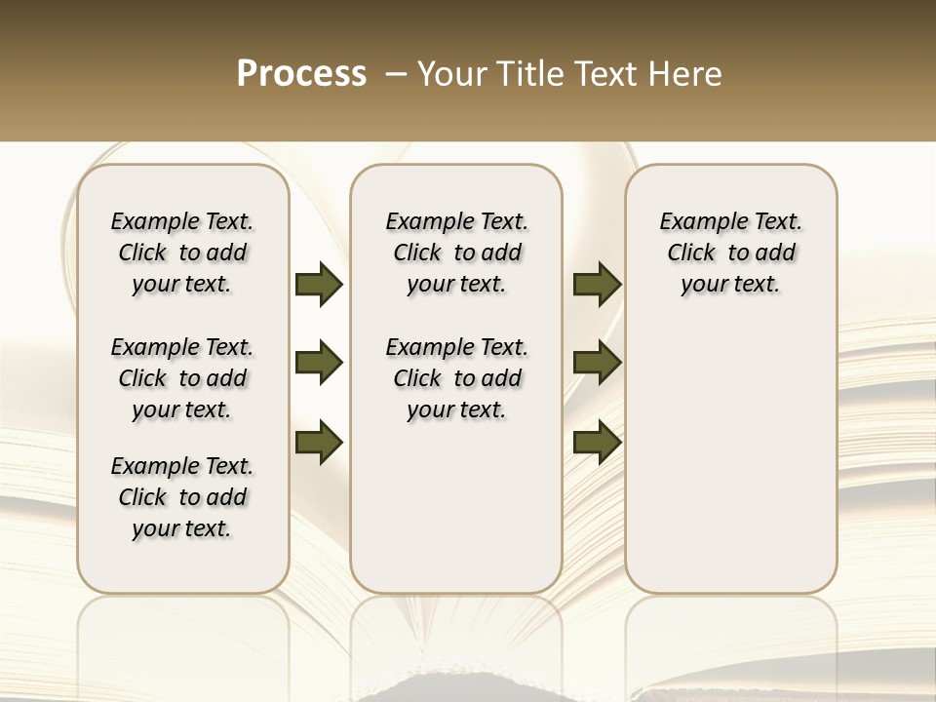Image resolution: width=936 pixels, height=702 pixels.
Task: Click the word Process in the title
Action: (x=301, y=74)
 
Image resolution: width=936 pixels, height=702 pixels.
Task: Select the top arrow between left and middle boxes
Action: (x=319, y=285)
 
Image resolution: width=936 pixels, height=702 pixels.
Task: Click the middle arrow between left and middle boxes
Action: (x=319, y=364)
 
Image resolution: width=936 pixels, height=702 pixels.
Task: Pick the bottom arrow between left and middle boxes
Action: (x=319, y=441)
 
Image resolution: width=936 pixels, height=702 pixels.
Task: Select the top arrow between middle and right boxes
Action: (x=597, y=285)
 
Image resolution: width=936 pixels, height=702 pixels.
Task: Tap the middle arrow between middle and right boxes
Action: (x=597, y=364)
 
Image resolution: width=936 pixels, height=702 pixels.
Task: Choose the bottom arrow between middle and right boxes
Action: (x=597, y=441)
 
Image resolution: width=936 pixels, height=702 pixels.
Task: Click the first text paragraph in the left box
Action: (x=182, y=253)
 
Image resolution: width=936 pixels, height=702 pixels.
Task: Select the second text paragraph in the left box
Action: (x=182, y=378)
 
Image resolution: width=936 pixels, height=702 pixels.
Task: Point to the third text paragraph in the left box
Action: (x=182, y=497)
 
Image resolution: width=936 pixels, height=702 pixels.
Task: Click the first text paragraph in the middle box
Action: (x=456, y=253)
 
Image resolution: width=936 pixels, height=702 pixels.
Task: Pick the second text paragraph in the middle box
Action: (x=456, y=378)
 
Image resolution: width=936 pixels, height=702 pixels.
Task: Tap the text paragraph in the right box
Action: (x=731, y=253)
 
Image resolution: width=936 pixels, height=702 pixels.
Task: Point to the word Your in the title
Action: (x=450, y=74)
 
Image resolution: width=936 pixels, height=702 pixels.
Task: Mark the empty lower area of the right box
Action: (x=731, y=458)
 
